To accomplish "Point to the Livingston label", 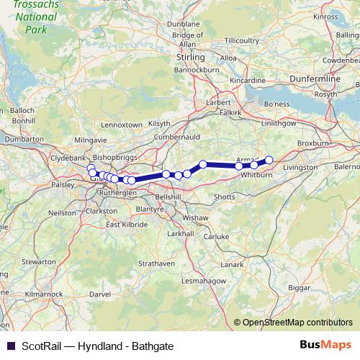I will (300, 167).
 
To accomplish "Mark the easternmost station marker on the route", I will (269, 160).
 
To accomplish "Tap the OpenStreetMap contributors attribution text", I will (298, 322).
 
